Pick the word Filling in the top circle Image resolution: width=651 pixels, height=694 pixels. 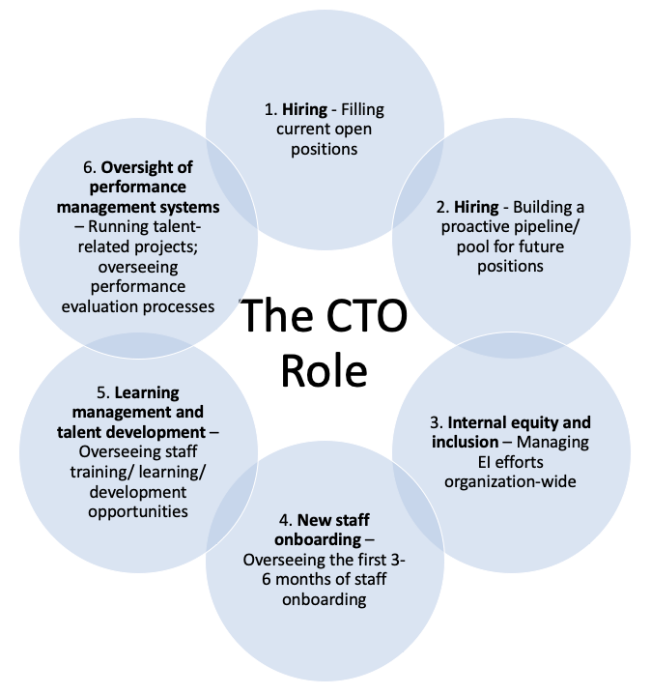pos(362,110)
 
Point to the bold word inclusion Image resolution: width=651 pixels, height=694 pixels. pos(465,442)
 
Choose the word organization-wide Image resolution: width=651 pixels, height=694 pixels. pos(511,480)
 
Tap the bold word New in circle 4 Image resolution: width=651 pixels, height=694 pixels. pos(315,522)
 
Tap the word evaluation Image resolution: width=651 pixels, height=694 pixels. pos(100,306)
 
